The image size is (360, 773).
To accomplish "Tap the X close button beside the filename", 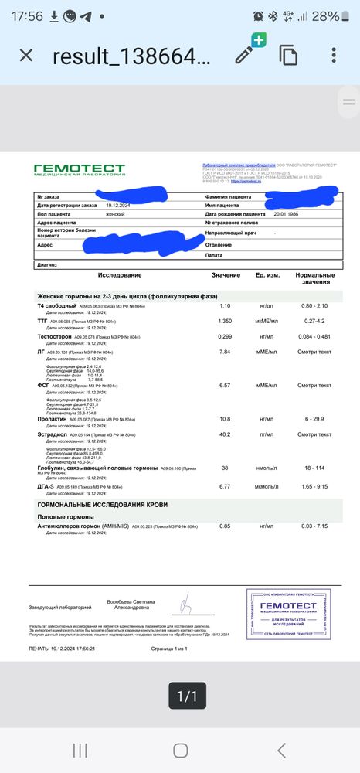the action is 25,56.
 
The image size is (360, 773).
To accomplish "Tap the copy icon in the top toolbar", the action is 289,56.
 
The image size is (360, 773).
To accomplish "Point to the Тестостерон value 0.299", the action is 226,336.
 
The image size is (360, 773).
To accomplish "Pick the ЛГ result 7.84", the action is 226,352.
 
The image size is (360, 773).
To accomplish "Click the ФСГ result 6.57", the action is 226,385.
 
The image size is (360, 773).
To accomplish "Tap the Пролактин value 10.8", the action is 226,419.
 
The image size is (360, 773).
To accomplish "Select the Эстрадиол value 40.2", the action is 226,434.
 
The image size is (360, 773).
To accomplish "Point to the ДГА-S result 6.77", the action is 226,487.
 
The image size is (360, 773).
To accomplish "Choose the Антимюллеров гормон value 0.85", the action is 226,526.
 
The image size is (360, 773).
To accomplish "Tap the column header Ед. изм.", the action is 267,276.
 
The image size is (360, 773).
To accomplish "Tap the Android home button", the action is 180,749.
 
